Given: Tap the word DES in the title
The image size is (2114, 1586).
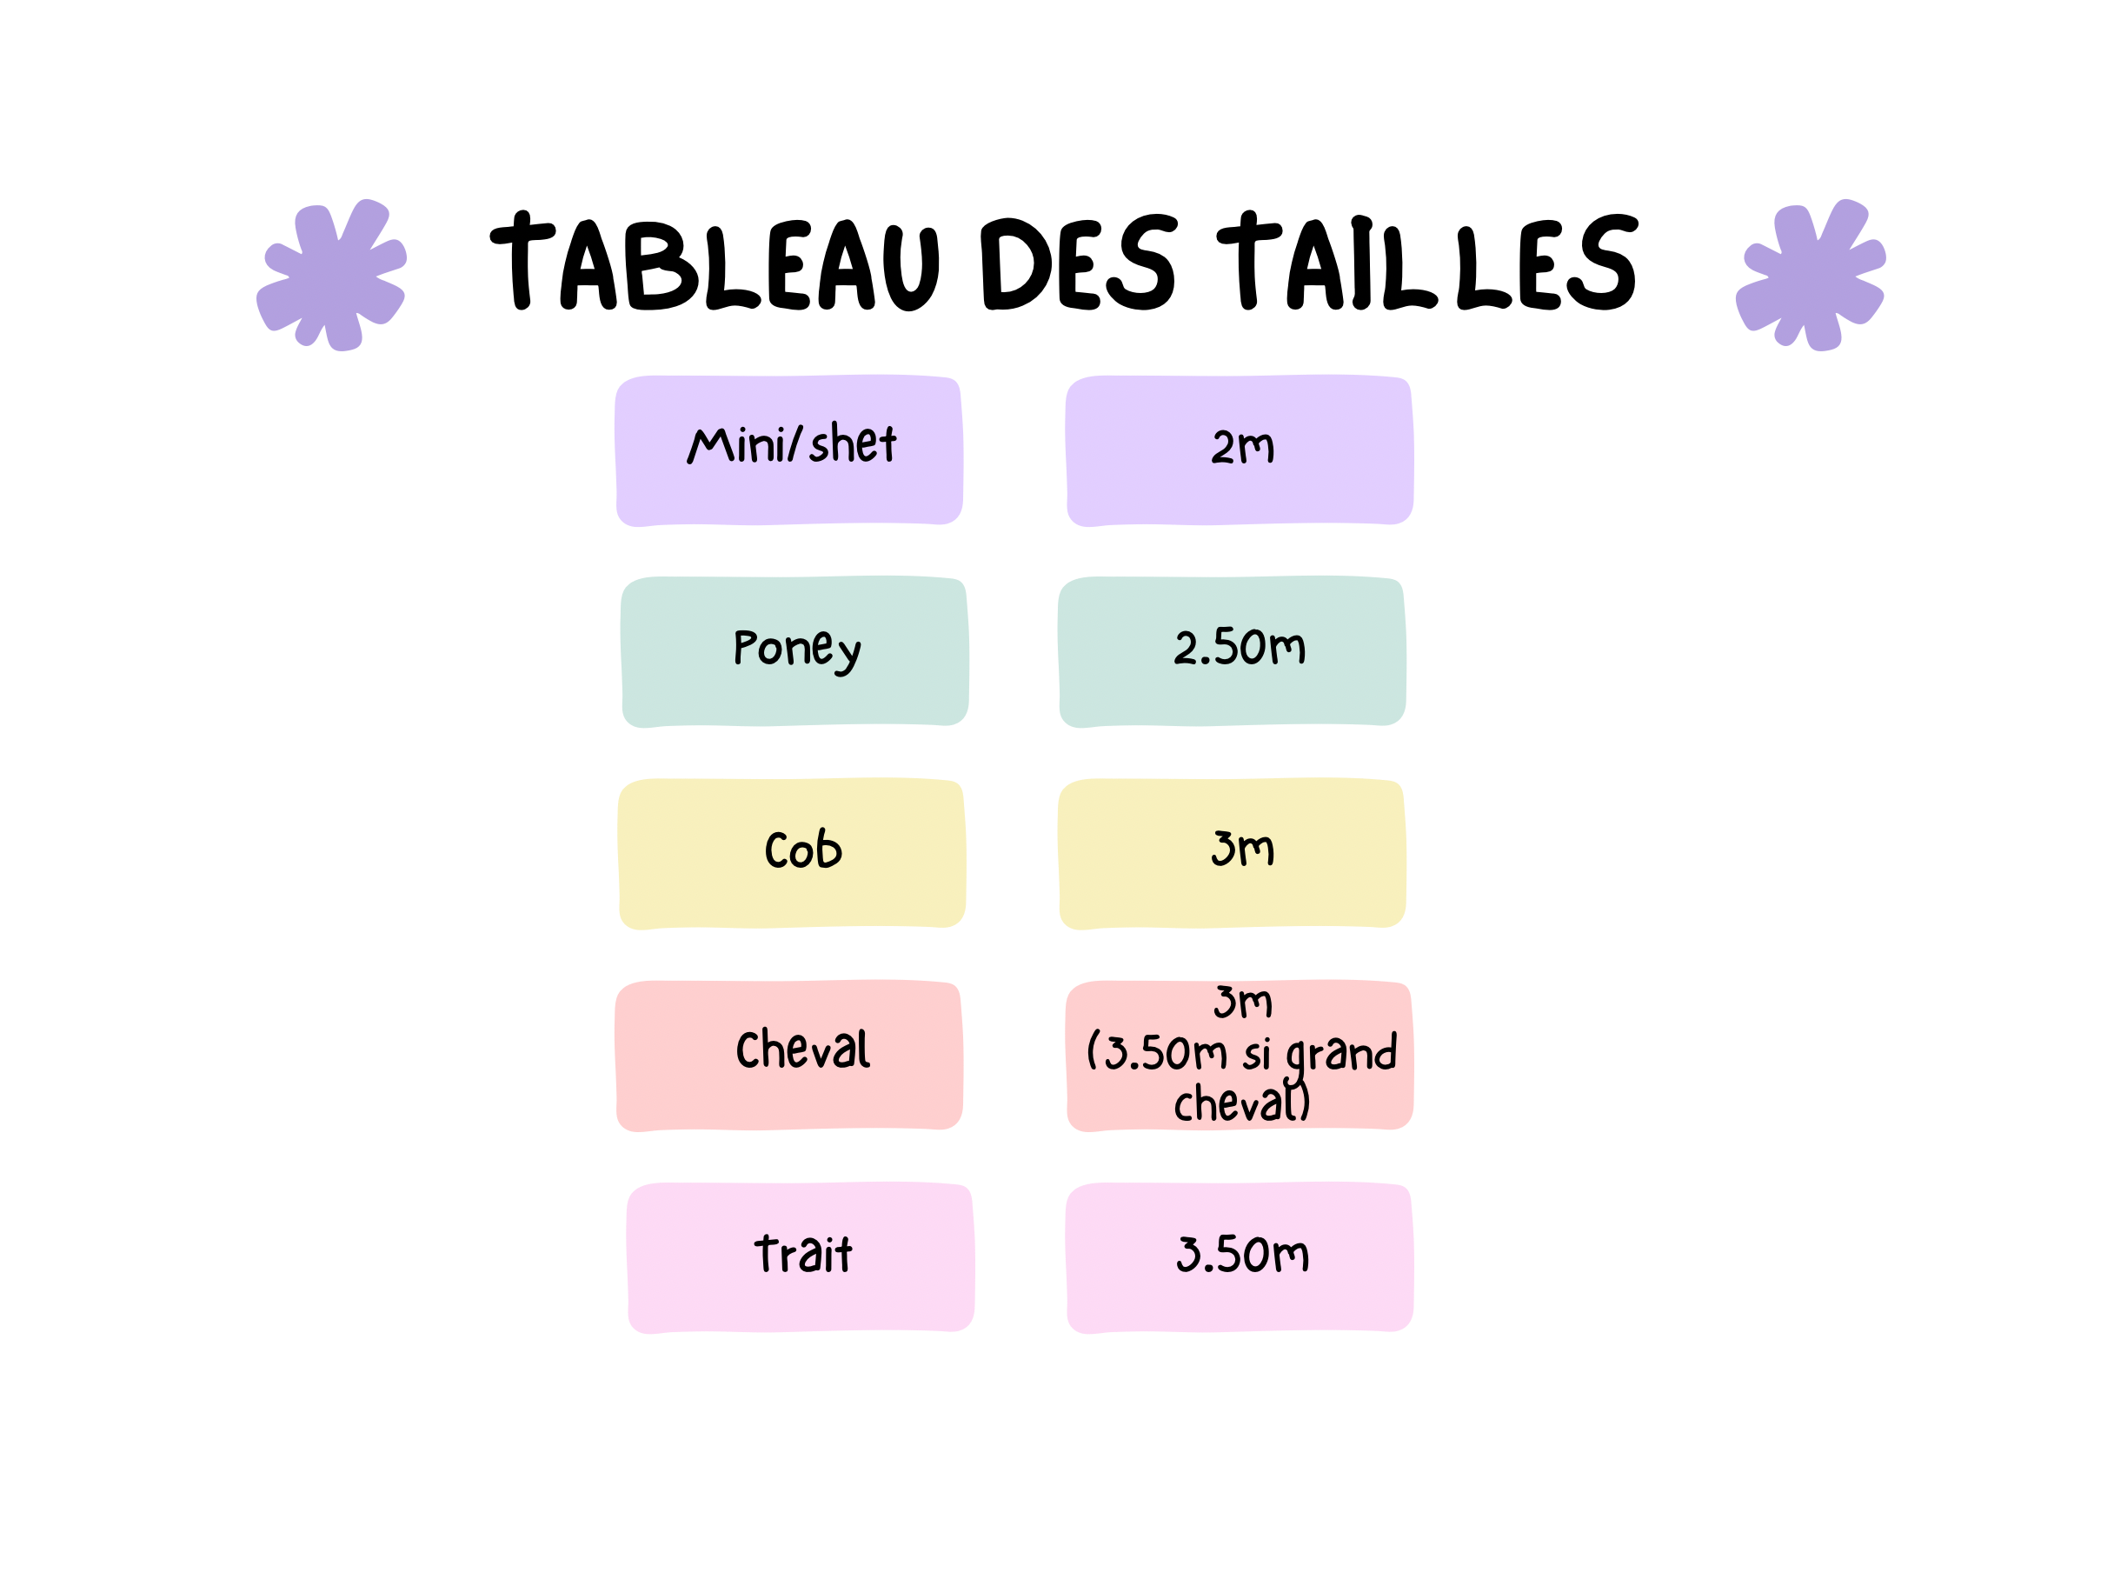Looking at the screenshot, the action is (1077, 262).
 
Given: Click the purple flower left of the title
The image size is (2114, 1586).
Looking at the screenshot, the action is (332, 275).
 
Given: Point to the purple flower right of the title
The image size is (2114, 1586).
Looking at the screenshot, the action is (1810, 275).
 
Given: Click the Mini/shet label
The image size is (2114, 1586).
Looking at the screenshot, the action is (792, 443).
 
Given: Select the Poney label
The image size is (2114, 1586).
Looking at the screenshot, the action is (797, 650).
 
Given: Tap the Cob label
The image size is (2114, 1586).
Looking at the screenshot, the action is (803, 848).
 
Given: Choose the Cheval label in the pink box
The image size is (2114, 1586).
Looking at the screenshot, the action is (803, 1049).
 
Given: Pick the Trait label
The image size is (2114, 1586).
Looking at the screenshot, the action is (803, 1253).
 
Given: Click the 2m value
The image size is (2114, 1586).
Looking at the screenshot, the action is (1242, 446).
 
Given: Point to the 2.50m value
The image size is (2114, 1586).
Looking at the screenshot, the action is (1240, 647).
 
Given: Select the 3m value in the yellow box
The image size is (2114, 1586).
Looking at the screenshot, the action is (1242, 848).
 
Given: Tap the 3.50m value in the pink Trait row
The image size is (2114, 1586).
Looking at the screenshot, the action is (1242, 1253).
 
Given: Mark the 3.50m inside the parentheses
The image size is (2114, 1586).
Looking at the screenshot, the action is (1166, 1051).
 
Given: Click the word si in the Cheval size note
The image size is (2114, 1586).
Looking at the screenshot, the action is (1257, 1054).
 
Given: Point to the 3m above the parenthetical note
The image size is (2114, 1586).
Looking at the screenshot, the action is (1242, 1001).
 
